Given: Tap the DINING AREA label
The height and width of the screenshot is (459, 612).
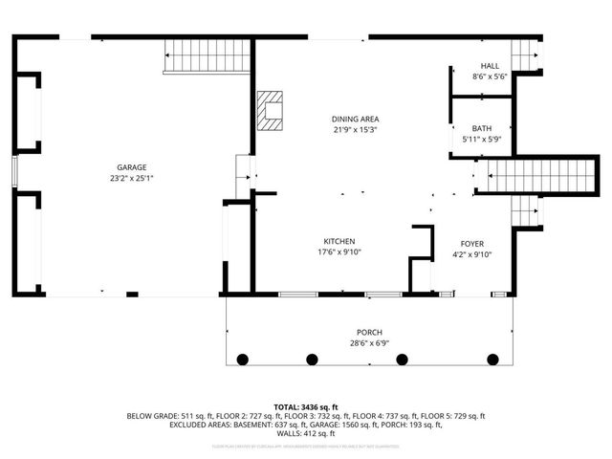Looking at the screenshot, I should point(356,119).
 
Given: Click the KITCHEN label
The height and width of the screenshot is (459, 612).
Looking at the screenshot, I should point(339,241).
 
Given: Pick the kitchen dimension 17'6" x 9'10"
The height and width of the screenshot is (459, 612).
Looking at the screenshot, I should point(339,251).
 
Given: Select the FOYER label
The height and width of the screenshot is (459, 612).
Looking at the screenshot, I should point(472,244).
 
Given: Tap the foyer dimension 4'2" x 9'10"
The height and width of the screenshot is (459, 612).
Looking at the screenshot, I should point(472,254).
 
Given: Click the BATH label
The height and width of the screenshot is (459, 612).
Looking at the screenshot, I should point(482,128).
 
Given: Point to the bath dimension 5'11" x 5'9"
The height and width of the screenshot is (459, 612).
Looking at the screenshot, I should point(482,139).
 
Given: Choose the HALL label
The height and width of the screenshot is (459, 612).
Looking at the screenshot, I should point(490,65).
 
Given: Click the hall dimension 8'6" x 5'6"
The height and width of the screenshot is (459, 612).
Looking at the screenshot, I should point(490,76).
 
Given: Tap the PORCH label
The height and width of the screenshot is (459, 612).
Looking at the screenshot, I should point(369,332).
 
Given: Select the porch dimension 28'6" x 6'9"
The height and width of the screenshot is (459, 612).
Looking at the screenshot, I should point(369,342).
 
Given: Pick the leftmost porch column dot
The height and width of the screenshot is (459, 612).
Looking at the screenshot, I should point(242,360).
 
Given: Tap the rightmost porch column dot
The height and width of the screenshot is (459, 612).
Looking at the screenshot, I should point(493,360).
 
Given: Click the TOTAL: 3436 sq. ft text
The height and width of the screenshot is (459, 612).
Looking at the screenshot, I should point(306,406).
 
